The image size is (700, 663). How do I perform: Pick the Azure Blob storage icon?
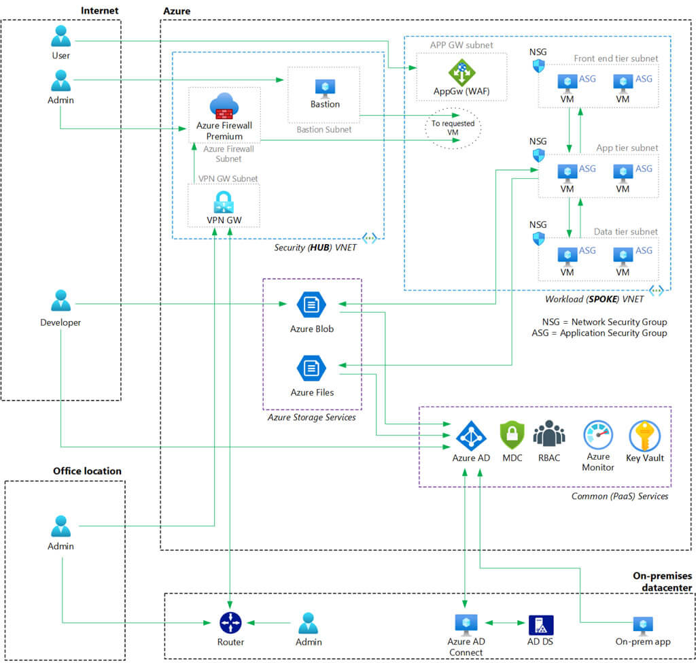(x=311, y=305)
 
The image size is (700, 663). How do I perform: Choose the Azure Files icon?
(x=311, y=369)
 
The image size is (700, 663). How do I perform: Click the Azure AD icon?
(x=470, y=436)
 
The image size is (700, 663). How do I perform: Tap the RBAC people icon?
(x=548, y=435)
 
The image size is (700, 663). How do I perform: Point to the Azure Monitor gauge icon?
(x=598, y=435)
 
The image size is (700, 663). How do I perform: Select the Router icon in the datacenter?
(x=230, y=622)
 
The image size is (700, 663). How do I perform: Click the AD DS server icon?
(x=541, y=625)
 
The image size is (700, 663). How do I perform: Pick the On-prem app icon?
(x=642, y=626)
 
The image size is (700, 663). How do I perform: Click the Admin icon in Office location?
(x=60, y=526)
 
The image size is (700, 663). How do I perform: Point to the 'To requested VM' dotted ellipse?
(x=453, y=127)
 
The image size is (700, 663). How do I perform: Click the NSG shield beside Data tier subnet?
(x=538, y=239)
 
